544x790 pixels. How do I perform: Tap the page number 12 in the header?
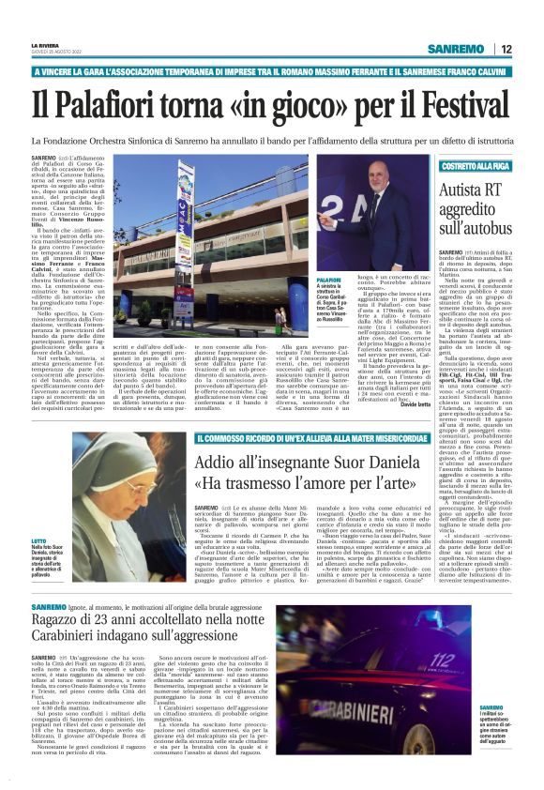point(506,49)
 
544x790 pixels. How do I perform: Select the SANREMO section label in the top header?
point(455,49)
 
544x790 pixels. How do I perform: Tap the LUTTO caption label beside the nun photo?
point(39,542)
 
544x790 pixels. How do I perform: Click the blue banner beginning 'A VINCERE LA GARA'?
point(272,72)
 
